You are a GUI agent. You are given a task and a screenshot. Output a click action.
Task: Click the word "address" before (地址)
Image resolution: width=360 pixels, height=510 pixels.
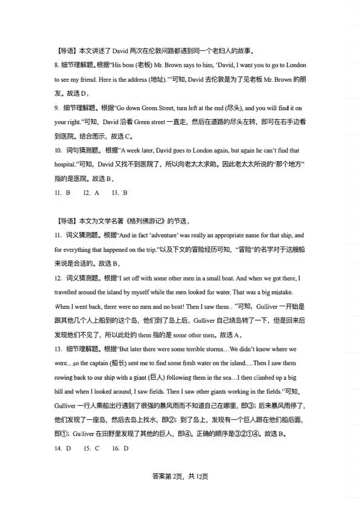(134, 79)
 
